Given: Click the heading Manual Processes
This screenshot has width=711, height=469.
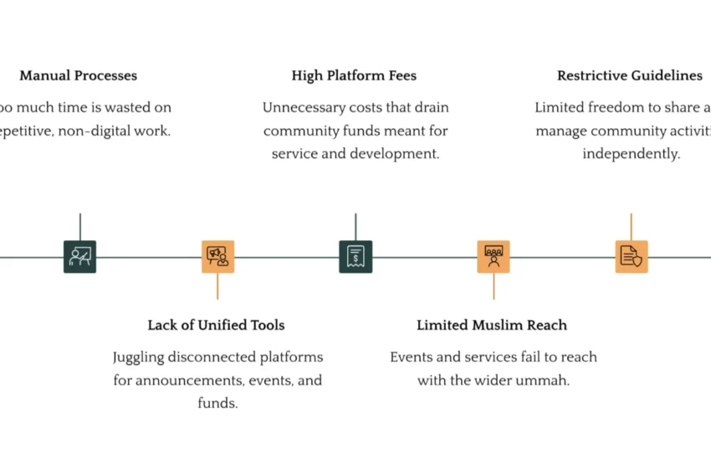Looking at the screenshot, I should pos(78,75).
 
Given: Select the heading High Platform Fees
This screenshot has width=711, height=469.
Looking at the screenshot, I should pos(354,75).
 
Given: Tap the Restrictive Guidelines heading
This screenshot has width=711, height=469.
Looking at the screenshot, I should pos(629,75).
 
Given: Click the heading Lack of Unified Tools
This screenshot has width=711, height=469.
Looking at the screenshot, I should pos(216,325).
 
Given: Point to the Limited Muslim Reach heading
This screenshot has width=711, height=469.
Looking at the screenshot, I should pos(492,325).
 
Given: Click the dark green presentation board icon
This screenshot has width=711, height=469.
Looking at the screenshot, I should pos(79,256).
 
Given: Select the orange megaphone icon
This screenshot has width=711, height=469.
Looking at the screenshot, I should pos(217,256).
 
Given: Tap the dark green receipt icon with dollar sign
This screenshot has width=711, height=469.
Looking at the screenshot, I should pos(355,256).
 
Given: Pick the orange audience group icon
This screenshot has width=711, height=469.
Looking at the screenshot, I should pos(494,256).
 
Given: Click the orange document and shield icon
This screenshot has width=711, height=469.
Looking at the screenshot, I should pos(632,256).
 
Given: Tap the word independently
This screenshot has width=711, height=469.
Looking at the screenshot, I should pos(631,154).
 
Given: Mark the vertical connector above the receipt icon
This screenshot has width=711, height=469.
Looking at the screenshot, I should pos(355,226).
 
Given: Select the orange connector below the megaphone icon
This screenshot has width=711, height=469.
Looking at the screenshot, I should pos(217,286).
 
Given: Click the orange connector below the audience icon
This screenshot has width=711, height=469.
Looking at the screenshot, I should pos(494,286).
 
